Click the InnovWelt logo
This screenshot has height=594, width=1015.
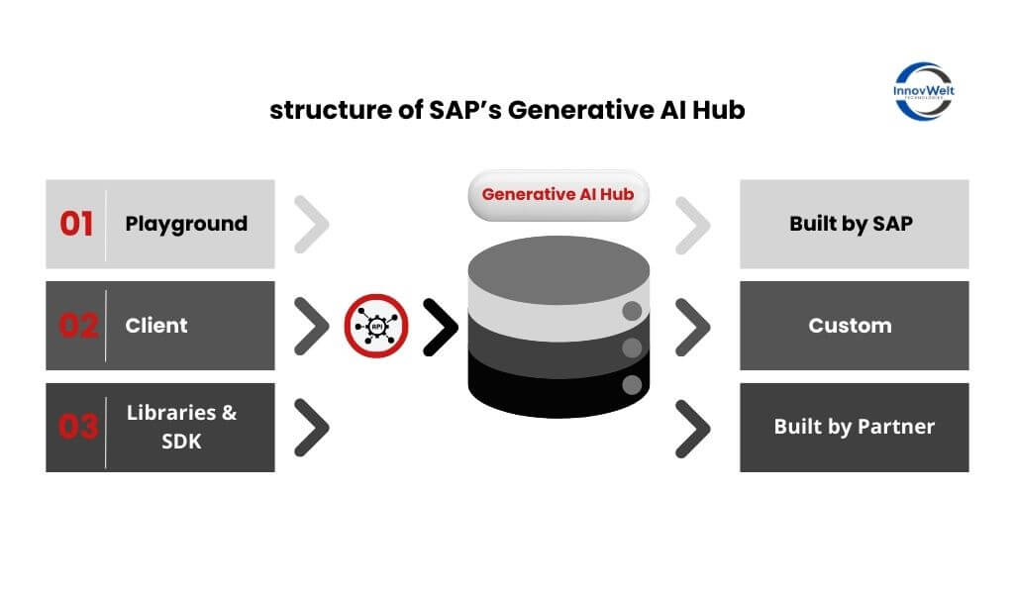923,91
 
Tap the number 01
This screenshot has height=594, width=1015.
76,224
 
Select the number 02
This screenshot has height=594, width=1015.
77,326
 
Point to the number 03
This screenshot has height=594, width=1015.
77,427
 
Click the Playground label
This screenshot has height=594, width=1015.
186,224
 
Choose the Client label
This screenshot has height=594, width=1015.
156,326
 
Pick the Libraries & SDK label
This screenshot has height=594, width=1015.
182,427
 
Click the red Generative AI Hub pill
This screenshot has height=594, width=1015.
558,194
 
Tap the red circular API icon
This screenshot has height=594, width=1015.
376,326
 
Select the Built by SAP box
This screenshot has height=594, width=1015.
854,224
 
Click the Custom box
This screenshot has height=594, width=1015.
854,326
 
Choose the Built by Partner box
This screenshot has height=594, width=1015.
854,427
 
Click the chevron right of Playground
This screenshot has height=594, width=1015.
312,224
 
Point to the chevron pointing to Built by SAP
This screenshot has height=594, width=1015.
693,224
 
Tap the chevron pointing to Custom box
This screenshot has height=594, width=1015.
693,326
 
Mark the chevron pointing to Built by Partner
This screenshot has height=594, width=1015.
693,427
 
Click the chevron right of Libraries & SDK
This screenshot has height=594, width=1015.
312,427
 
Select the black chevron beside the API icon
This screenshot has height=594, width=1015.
440,326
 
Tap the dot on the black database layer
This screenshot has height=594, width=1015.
630,384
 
